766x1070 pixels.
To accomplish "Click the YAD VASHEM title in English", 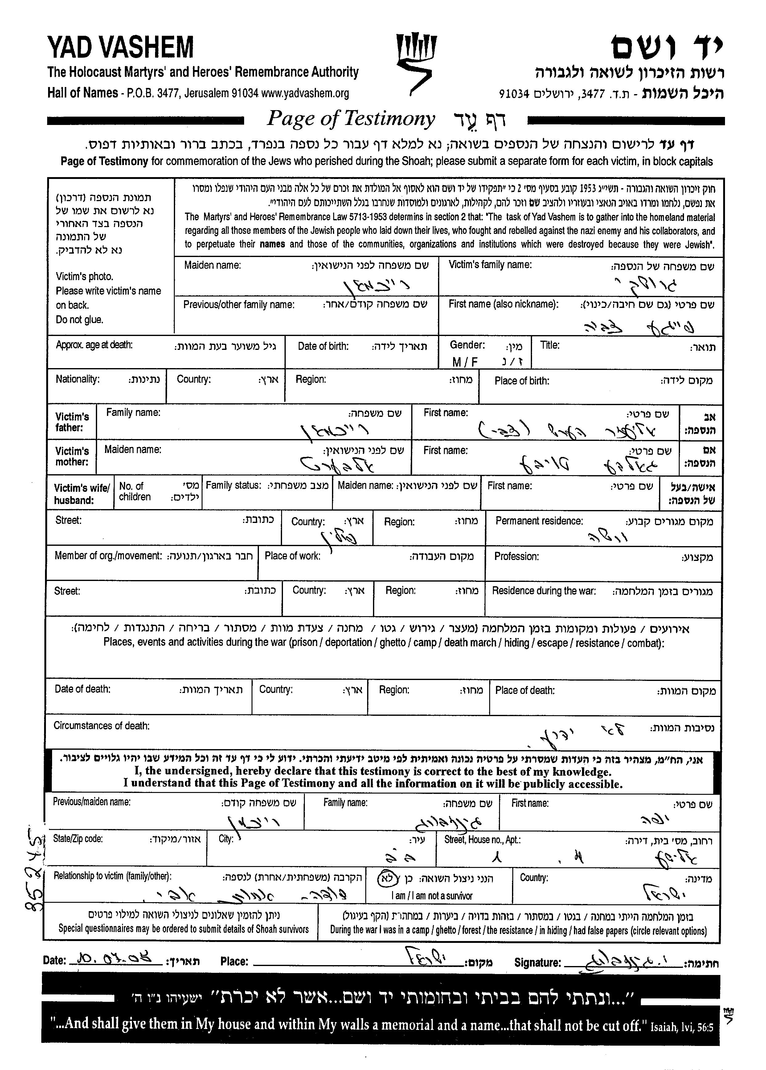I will pos(120,47).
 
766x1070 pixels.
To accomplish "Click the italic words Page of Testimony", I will pos(351,119).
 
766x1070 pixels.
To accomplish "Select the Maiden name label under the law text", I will pos(212,265).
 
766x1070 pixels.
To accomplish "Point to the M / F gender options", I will pos(465,362).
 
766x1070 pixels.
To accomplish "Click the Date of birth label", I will pos(323,346).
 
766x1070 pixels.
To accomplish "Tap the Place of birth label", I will pos(522,381).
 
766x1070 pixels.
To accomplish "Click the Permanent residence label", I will pos(539,521).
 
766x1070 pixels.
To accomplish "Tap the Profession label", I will pos(516,556).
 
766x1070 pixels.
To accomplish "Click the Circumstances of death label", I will pos(101,726).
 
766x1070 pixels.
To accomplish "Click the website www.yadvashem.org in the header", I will pos(305,93).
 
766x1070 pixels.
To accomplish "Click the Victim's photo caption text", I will pos(84,276).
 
